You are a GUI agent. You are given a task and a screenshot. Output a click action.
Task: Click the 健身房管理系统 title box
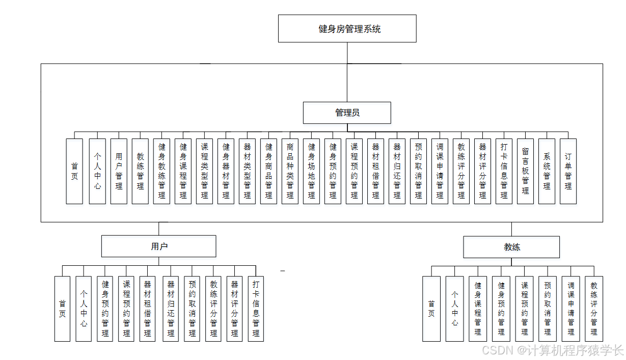tap(347, 29)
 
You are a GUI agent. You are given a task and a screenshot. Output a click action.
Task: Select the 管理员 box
tap(347, 113)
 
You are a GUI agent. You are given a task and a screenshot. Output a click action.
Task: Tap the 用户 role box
tap(158, 246)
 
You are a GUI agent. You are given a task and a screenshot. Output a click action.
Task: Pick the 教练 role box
tap(512, 247)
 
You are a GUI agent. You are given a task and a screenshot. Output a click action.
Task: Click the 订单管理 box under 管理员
tap(568, 171)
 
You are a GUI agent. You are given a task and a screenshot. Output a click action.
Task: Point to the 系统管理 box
tap(547, 171)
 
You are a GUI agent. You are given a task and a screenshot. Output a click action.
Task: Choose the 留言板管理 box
tap(525, 171)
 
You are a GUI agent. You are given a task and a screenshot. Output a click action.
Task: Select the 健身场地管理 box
tap(311, 171)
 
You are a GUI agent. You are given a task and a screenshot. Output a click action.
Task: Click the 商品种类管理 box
tap(290, 171)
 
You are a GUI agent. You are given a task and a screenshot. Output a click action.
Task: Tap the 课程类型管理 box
tap(204, 171)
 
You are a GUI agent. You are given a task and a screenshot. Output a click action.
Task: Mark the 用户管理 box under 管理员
tap(119, 171)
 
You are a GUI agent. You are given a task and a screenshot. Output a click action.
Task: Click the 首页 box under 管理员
tap(74, 171)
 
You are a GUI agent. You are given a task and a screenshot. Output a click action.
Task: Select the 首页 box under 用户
tap(62, 309)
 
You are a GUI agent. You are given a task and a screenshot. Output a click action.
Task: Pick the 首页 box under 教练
tap(431, 309)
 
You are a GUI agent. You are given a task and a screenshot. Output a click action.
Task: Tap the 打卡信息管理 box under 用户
tap(256, 309)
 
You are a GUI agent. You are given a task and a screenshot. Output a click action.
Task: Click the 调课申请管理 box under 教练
tap(570, 309)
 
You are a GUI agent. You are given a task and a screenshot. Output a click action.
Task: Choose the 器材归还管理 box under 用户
tap(171, 309)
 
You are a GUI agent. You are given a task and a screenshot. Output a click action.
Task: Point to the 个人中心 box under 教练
tap(454, 309)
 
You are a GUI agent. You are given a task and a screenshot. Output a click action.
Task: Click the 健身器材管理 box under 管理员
tap(226, 171)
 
